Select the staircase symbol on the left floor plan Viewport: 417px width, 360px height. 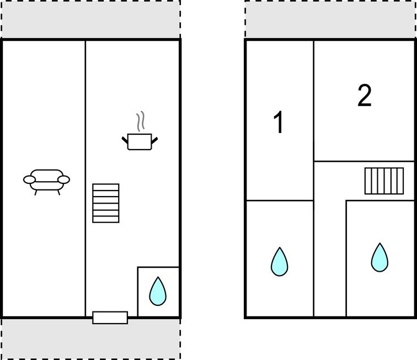coord(106,203)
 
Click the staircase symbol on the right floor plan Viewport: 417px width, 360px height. coord(384,181)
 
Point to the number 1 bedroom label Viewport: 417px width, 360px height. coord(279,122)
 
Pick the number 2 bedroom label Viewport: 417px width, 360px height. coord(365,96)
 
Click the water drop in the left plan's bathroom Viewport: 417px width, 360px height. coord(158,291)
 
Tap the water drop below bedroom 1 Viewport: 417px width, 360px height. coord(279,262)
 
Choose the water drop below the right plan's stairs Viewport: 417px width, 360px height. coord(379,257)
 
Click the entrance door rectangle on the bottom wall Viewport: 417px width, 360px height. coord(110,317)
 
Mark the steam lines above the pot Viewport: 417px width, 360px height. coord(141,121)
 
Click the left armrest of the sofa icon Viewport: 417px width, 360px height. coord(29,180)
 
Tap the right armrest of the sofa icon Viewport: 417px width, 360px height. coord(64,180)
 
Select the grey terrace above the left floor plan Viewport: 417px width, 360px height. coord(91,19)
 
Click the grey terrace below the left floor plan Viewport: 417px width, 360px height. coord(91,338)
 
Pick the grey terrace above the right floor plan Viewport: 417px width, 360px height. coord(330,19)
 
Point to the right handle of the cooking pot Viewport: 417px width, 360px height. coord(154,140)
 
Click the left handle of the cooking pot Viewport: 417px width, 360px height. coord(125,140)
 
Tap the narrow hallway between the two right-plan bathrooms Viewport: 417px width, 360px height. coord(330,258)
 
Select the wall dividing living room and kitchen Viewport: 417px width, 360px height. coord(85,178)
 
